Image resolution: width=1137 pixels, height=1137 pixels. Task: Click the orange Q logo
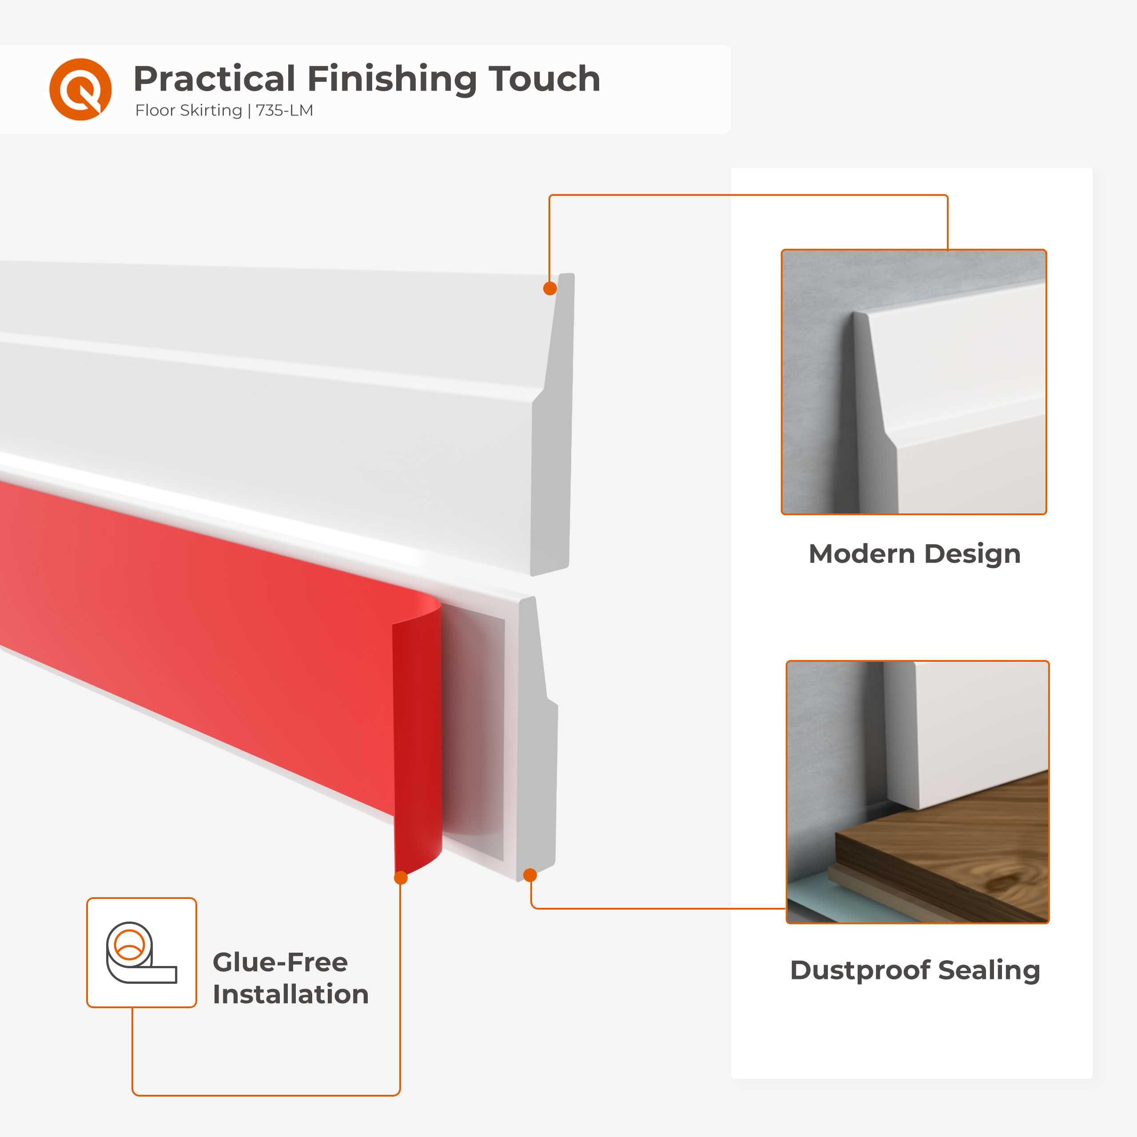80,89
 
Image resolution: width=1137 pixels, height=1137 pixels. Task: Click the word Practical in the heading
214,79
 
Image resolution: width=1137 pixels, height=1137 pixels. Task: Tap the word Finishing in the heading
391,79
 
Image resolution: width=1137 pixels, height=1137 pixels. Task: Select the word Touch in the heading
545,79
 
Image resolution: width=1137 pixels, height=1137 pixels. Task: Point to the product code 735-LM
284,110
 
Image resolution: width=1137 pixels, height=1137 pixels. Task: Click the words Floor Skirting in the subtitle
188,111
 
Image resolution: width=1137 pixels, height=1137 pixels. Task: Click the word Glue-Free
280,962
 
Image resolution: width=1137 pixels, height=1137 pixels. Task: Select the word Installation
291,994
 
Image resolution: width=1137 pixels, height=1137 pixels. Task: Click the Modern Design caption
914,554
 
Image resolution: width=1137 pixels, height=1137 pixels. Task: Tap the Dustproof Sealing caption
915,970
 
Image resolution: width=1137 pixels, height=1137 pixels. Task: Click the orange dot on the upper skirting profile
550,288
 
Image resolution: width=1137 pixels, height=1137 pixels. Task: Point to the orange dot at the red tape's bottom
401,878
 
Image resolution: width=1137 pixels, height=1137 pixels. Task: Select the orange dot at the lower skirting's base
530,875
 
